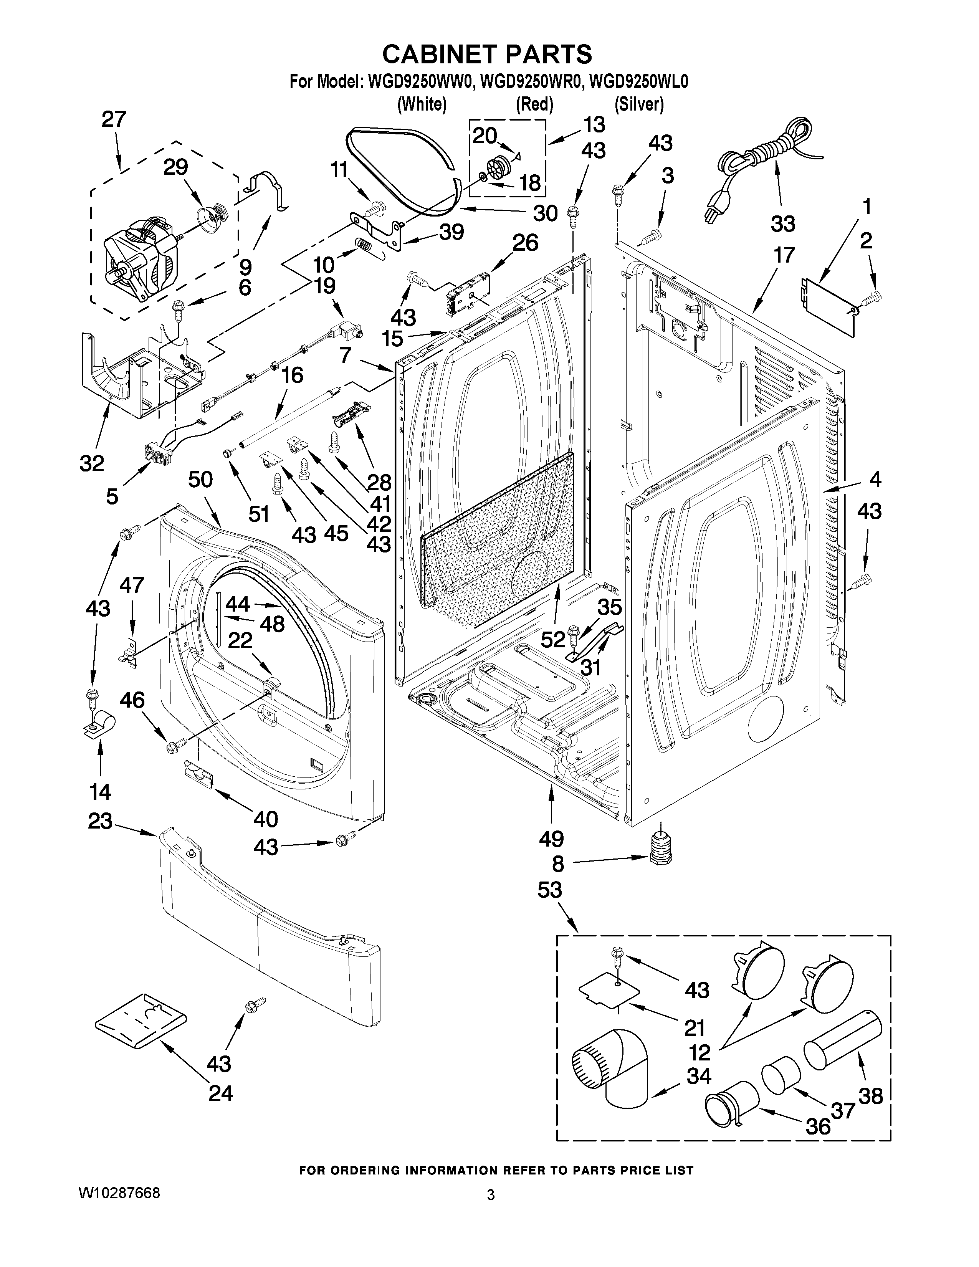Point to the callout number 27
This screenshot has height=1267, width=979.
tap(114, 119)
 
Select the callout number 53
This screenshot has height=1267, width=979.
tap(549, 889)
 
